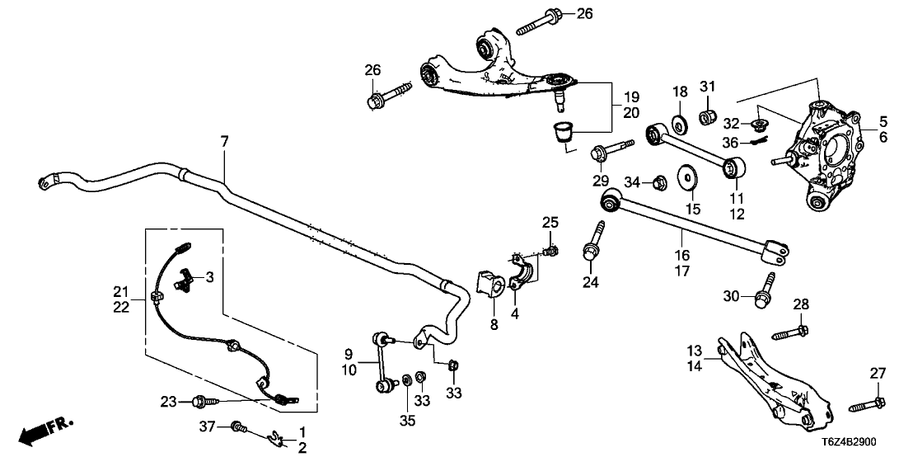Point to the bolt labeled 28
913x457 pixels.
(x=787, y=334)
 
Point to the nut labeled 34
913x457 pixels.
(x=659, y=181)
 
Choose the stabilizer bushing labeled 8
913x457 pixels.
(x=492, y=285)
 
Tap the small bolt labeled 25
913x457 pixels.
(x=551, y=250)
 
